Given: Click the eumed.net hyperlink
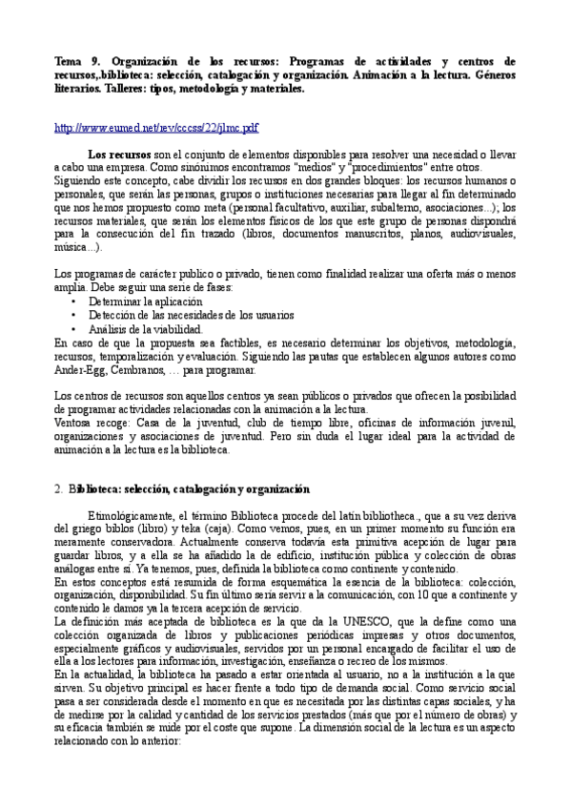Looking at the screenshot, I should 156,127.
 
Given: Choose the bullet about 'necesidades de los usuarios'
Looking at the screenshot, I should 191,314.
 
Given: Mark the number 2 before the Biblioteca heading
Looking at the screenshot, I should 59,489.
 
